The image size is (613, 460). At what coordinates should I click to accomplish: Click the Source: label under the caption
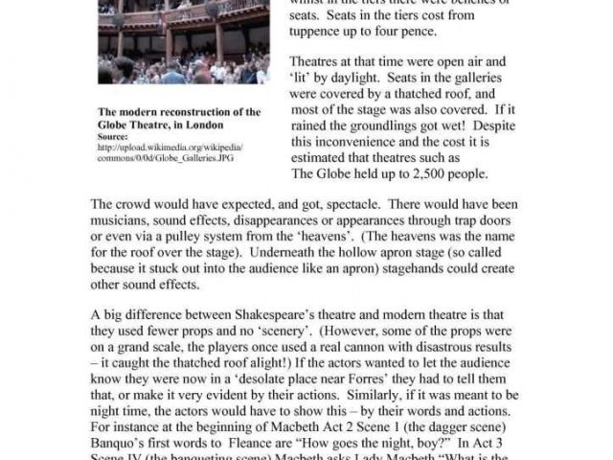click(113, 136)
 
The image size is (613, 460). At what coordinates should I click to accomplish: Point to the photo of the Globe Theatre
click(183, 42)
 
